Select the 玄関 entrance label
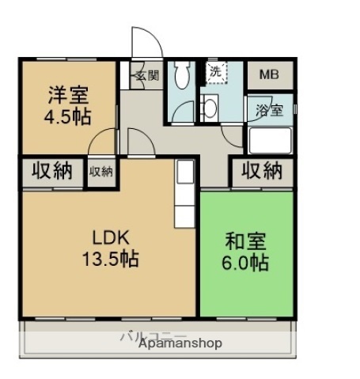click(146, 76)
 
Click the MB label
click(269, 76)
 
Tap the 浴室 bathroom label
click(269, 111)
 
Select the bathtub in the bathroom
click(271, 141)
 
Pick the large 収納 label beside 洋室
click(49, 170)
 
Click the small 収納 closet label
click(100, 170)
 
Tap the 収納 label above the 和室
click(262, 170)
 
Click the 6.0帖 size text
click(245, 262)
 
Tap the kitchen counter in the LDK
click(184, 193)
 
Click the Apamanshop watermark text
click(180, 344)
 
